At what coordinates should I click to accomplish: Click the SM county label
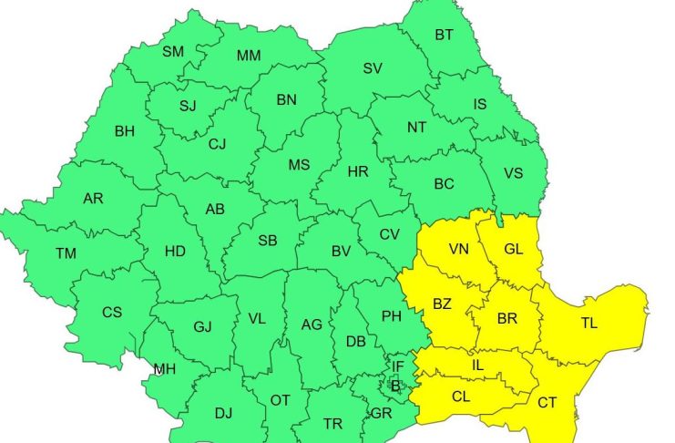(173, 52)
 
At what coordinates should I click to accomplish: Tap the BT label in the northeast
(444, 36)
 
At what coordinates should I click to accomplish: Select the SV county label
(372, 68)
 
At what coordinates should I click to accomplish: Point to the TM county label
(66, 253)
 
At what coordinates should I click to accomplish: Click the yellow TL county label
(589, 324)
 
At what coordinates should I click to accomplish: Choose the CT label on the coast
(547, 402)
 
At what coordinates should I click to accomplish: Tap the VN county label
(459, 249)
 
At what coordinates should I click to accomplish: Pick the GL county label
(514, 249)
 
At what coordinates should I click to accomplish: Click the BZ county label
(443, 303)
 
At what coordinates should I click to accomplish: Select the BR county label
(507, 319)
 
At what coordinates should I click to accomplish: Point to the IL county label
(477, 366)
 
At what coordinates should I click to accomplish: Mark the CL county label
(461, 397)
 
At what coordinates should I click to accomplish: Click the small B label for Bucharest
(394, 386)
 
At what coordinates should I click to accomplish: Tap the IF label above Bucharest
(397, 367)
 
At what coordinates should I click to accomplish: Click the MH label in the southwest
(164, 369)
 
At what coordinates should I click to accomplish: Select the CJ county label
(217, 143)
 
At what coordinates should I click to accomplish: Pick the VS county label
(514, 173)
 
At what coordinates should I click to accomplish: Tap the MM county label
(249, 56)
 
